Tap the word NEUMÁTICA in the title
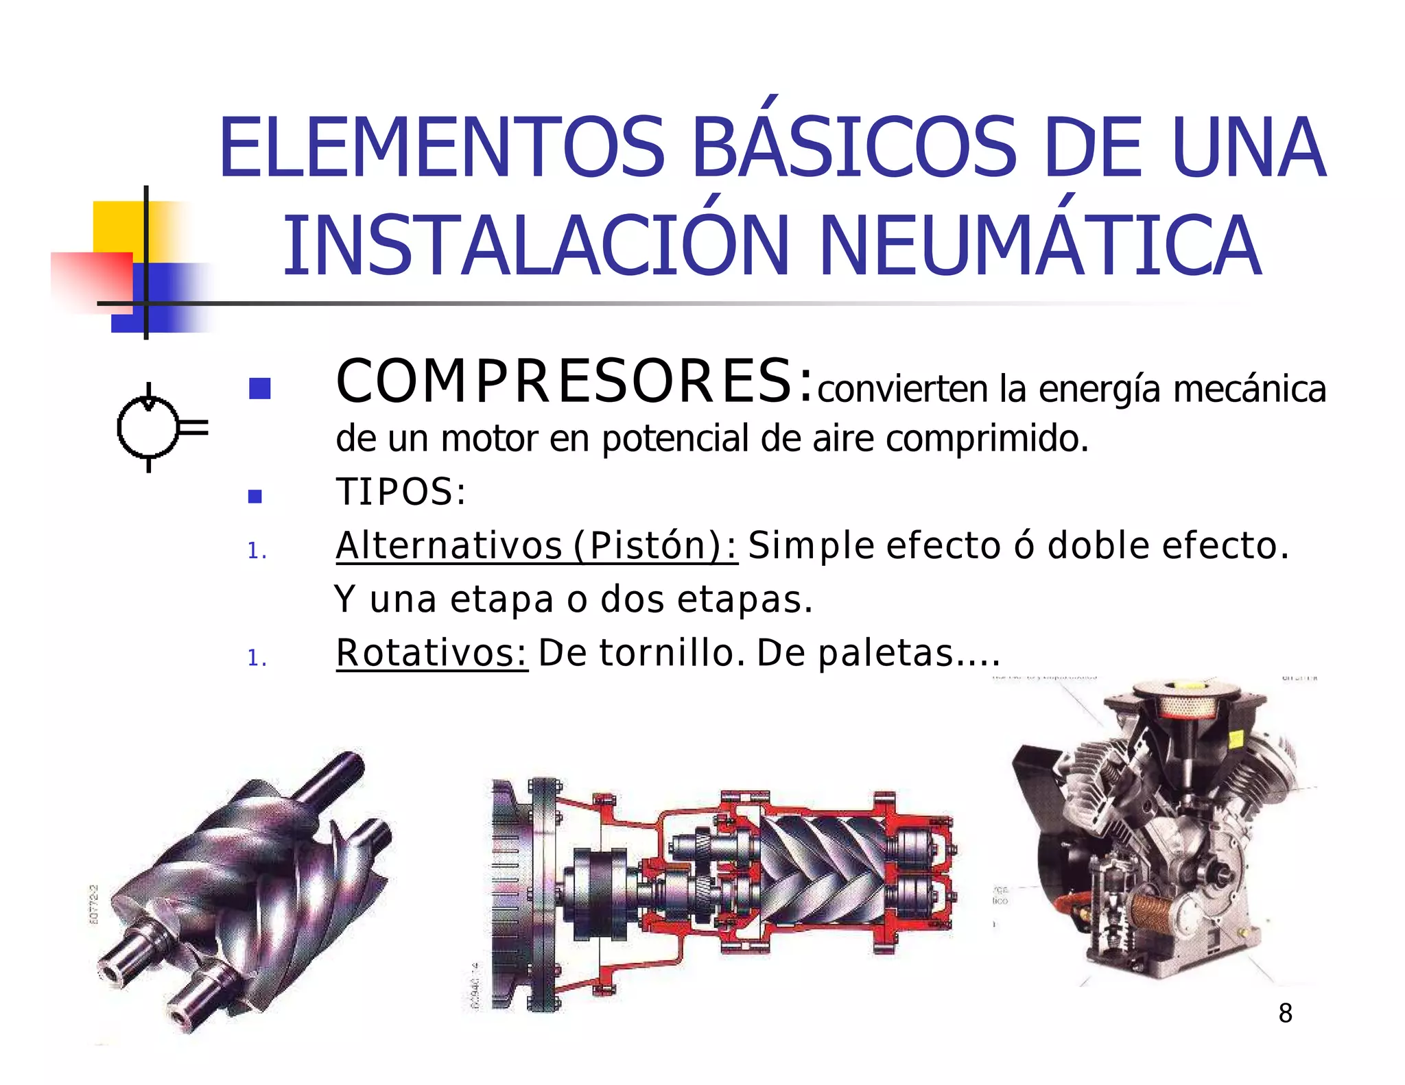pos(1039,246)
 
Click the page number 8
pos(1285,1012)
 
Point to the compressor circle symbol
pos(147,428)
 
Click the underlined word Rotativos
pos(432,652)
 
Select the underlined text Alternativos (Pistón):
pos(536,546)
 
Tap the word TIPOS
pos(401,492)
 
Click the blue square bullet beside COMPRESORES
pos(259,389)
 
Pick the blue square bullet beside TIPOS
pos(255,496)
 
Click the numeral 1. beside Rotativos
pos(257,658)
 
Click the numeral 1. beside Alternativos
pos(257,550)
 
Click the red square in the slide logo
pos(91,281)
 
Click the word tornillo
pos(672,652)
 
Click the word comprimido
pos(987,440)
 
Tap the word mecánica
pos(1249,389)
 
